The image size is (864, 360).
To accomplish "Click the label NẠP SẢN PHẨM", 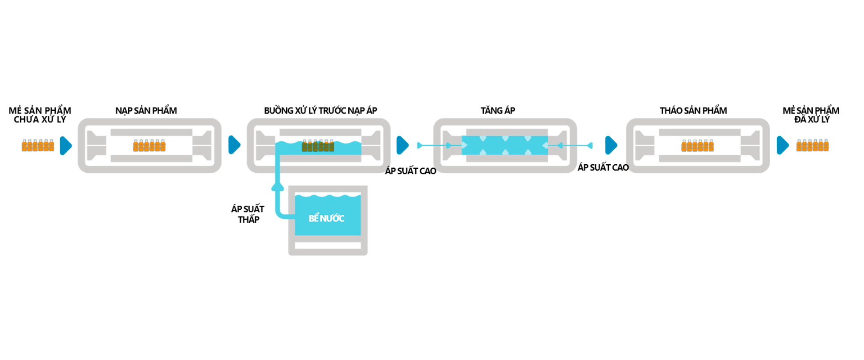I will point(146,111).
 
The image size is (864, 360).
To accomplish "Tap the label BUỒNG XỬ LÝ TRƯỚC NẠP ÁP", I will point(320,111).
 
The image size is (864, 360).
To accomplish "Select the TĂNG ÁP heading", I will point(498,111).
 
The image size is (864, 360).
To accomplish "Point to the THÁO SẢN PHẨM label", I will point(693,111).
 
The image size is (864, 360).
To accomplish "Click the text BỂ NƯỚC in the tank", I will point(326,219).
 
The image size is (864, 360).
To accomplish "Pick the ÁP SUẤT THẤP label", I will point(248,214).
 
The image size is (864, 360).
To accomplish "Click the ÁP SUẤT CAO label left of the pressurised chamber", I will point(410,171).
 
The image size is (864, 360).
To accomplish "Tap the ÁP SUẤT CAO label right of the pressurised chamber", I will point(603,167).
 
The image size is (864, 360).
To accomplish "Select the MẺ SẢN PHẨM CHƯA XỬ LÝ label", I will point(40,115).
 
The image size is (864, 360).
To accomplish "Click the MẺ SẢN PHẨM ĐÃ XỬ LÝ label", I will point(811,115).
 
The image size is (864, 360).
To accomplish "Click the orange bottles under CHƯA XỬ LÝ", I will point(38,145).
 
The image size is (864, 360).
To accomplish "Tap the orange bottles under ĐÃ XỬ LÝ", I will point(812,145).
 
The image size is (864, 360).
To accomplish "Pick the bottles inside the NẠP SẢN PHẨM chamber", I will point(149,145).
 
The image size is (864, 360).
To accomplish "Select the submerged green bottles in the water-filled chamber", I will point(318,146).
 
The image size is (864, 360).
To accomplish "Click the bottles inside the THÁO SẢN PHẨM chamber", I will point(697,145).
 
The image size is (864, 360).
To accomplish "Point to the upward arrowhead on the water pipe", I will point(278,185).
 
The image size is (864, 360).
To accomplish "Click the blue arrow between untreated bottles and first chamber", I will point(66,145).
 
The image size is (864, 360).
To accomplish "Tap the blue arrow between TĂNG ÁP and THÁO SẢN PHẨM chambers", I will point(611,145).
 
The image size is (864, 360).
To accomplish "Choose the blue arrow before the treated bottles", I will point(783,145).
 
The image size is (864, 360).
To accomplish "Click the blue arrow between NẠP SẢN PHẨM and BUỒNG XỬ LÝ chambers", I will point(234,145).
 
